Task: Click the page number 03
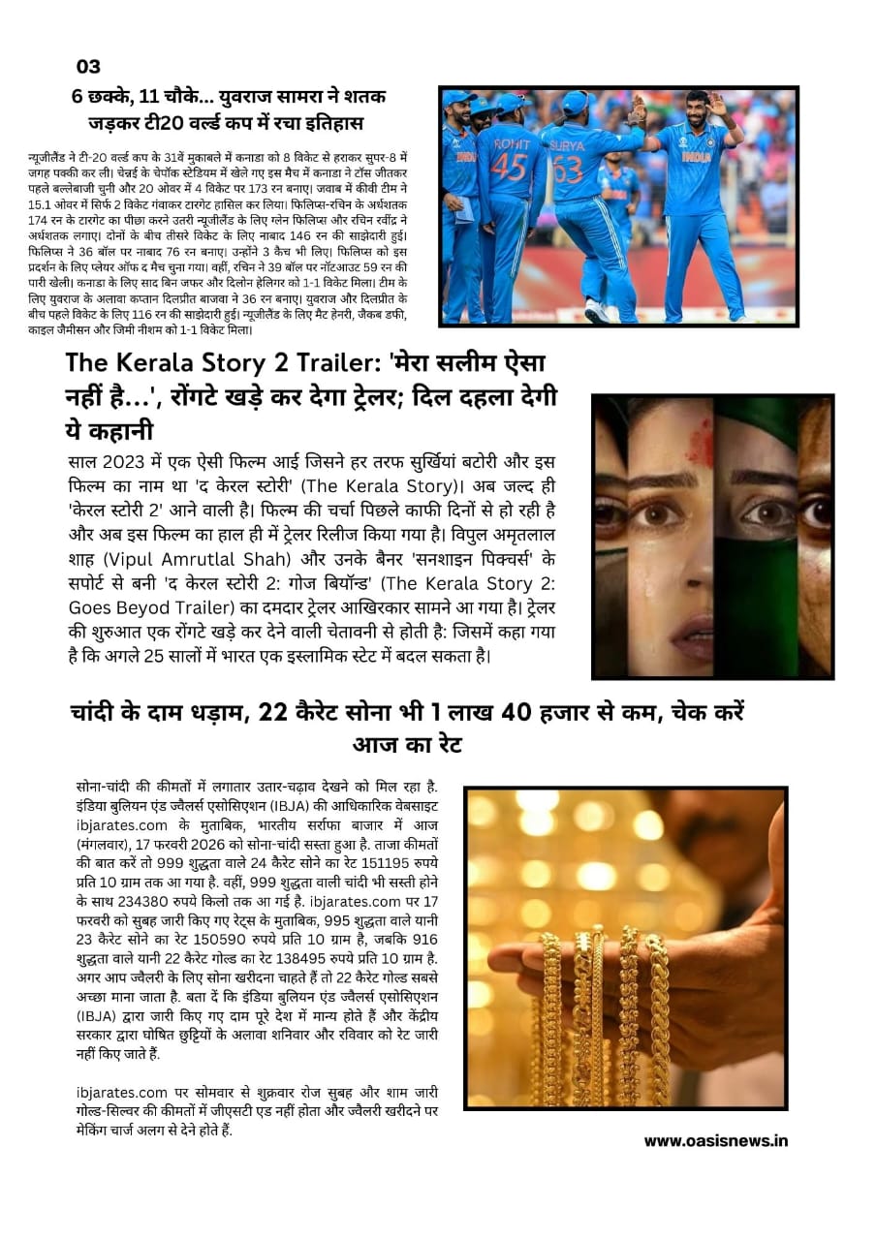click(88, 67)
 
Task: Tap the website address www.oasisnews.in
click(716, 1140)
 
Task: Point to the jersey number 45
click(509, 166)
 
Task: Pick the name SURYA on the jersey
click(568, 146)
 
